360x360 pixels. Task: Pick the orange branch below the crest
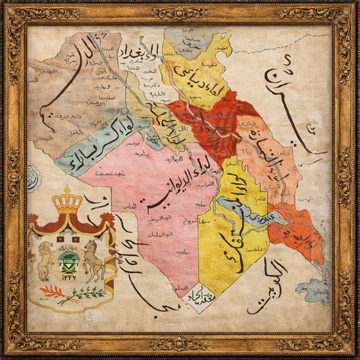(51, 291)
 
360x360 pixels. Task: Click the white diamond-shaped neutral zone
(198, 297)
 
